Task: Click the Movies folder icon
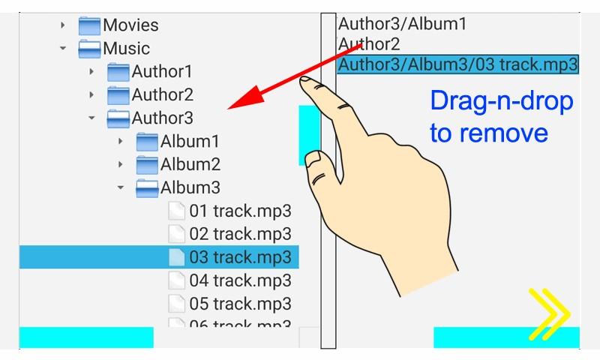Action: click(x=89, y=25)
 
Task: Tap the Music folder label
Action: click(x=126, y=49)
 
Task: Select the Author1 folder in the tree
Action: click(x=162, y=72)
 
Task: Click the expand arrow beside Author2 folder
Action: click(x=91, y=95)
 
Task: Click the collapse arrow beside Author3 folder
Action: click(x=91, y=118)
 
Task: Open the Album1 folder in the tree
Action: click(x=190, y=142)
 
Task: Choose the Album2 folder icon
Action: click(x=147, y=165)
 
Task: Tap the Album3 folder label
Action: click(x=190, y=187)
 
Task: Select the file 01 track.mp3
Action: click(x=240, y=211)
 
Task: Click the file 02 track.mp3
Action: click(x=240, y=234)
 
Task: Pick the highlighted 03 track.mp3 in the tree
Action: click(x=240, y=257)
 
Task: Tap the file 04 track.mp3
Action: click(x=240, y=280)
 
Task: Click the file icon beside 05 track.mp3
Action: click(x=177, y=304)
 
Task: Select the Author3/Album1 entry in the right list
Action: click(x=402, y=24)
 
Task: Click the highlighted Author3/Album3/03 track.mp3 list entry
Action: click(x=457, y=64)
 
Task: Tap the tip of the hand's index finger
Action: click(x=305, y=79)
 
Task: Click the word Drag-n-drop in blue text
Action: click(x=502, y=102)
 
